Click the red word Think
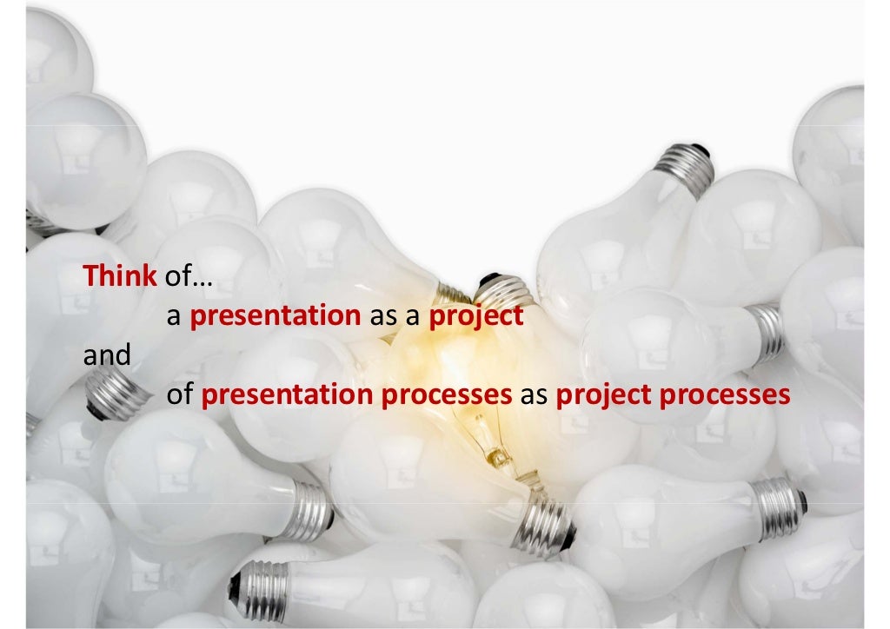(120, 276)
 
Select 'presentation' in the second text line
(275, 317)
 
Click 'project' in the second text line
(476, 317)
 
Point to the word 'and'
(106, 355)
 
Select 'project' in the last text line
(604, 395)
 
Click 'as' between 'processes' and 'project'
(534, 395)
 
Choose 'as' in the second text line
(383, 317)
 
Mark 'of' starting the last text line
(179, 395)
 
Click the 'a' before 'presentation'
(173, 317)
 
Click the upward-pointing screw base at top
(685, 166)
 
